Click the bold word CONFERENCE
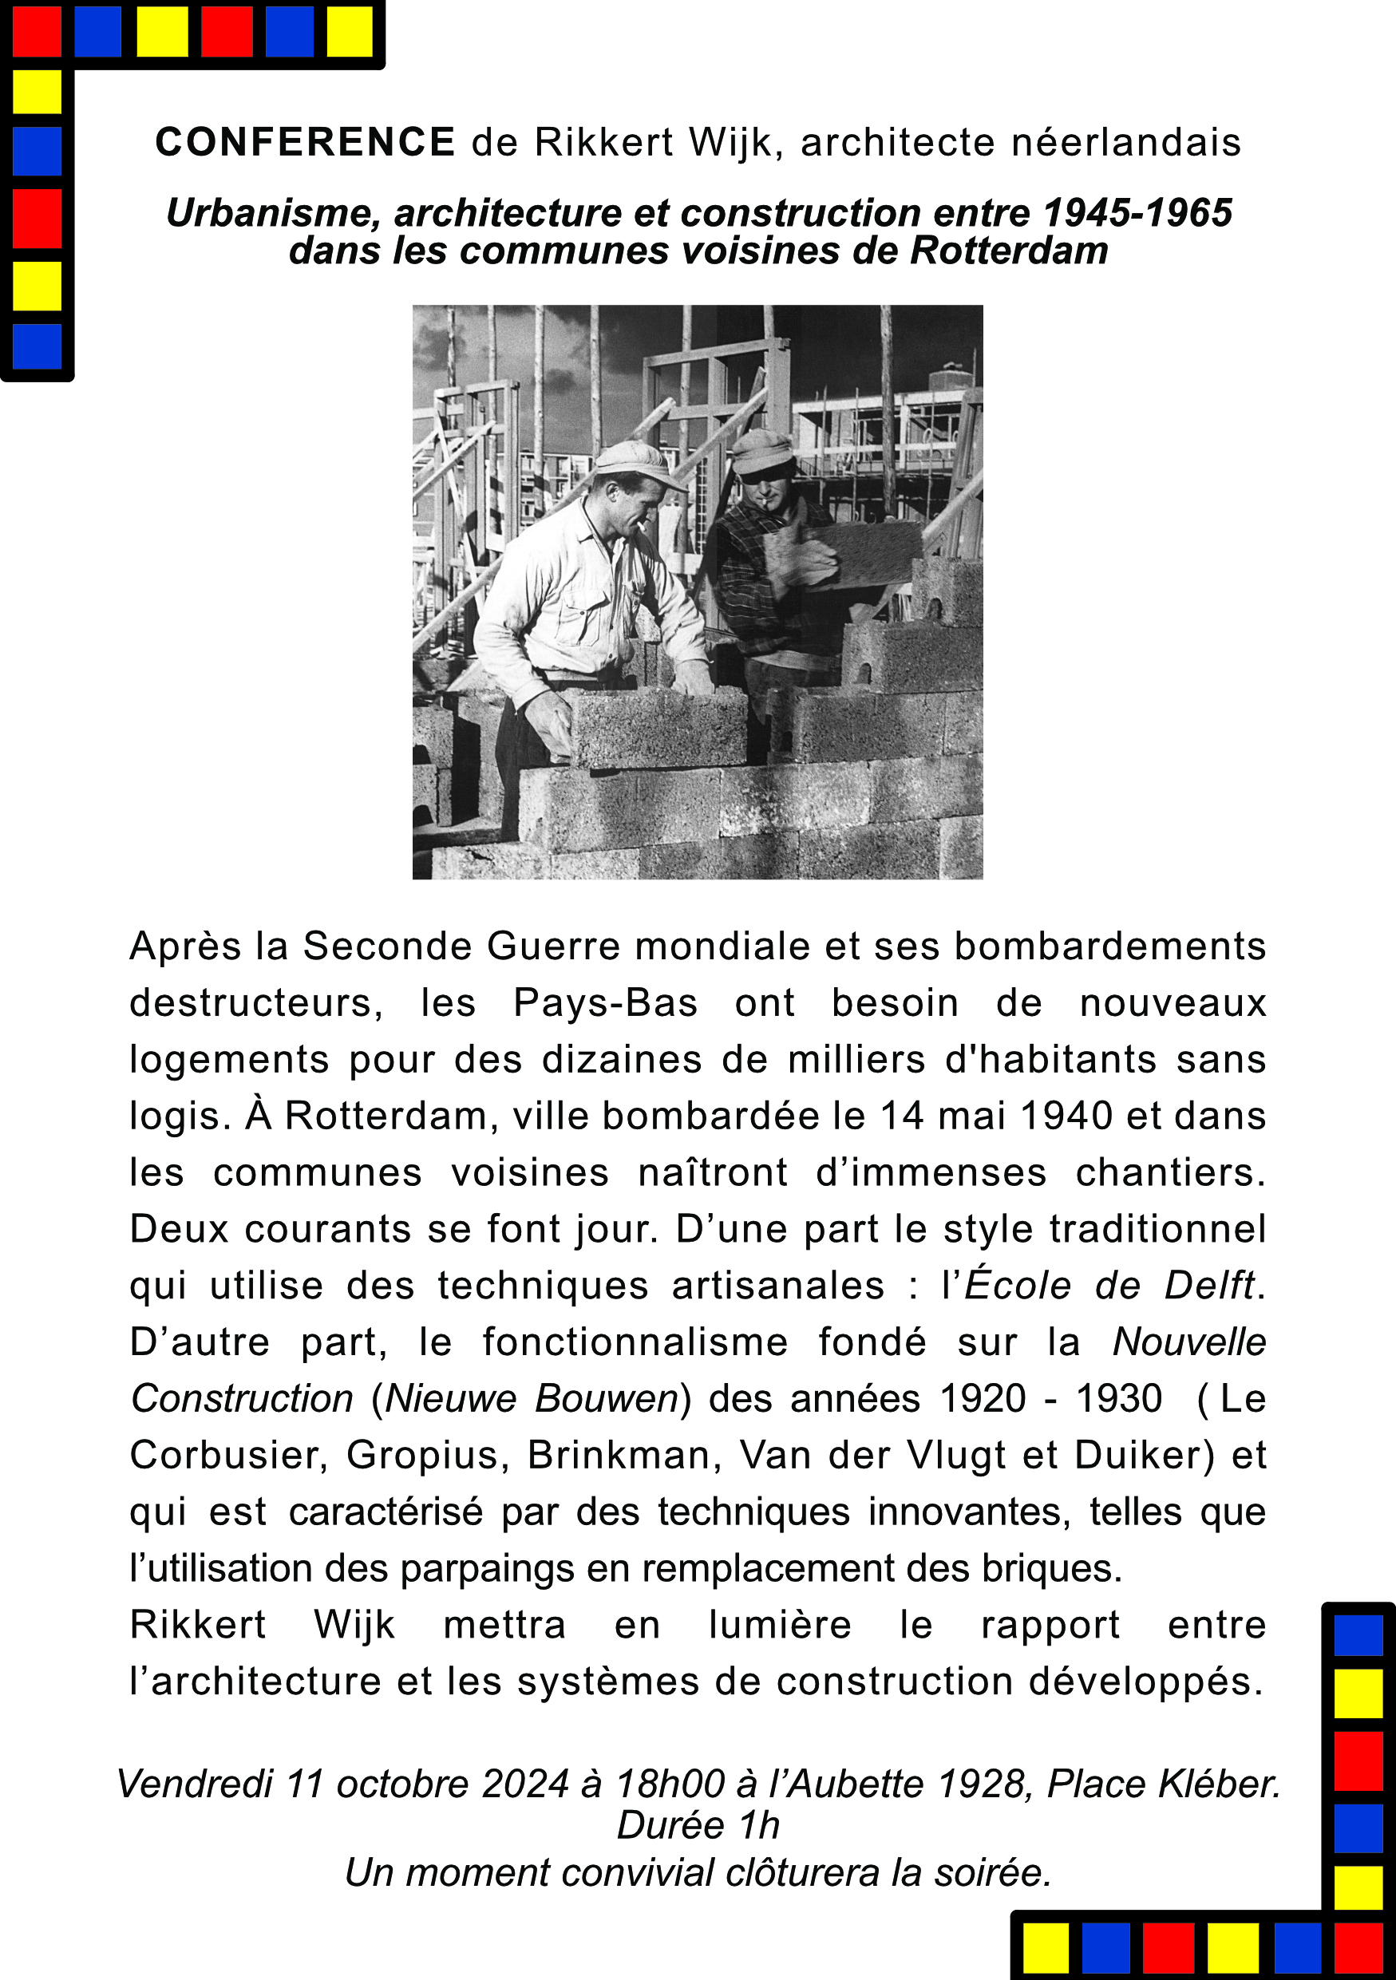coord(305,142)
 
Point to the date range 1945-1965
coord(1137,213)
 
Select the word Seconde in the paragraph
coord(387,946)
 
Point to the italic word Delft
coord(1209,1285)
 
